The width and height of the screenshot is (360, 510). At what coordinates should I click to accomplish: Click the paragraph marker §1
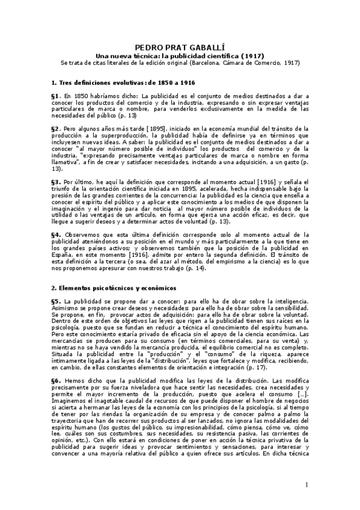(x=56, y=96)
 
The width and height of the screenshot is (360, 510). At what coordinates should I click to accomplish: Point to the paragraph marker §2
(x=56, y=129)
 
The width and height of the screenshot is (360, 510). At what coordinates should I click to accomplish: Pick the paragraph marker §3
(x=56, y=182)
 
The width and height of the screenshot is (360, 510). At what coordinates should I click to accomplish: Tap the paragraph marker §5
(x=56, y=301)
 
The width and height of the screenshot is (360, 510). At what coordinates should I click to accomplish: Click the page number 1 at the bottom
(x=306, y=485)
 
